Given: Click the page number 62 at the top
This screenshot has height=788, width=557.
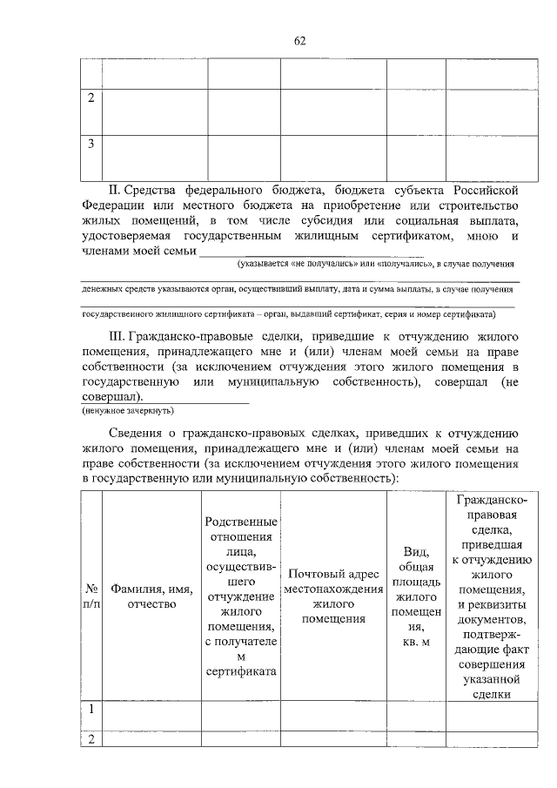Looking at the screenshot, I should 299,41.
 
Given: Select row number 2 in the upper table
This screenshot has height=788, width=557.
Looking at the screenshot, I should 91,98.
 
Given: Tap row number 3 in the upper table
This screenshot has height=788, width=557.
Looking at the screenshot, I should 91,144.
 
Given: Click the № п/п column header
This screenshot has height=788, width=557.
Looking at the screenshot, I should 91,596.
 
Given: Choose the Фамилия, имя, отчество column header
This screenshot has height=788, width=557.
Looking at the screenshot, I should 151,596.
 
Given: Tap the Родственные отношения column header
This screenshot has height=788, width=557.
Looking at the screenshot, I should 241,596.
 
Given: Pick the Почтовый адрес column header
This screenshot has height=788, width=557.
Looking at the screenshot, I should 332,596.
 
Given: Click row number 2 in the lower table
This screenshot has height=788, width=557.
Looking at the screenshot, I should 91,738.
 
